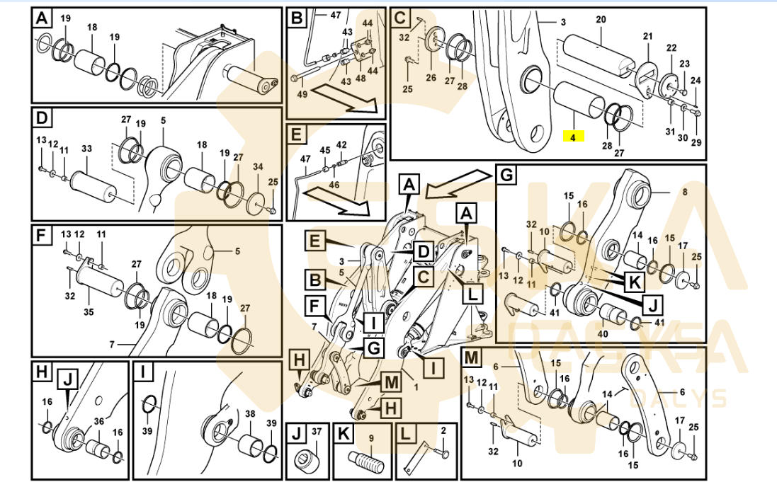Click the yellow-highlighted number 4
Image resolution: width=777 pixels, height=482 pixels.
pyautogui.click(x=572, y=137)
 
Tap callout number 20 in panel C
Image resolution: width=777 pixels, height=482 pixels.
pyautogui.click(x=601, y=20)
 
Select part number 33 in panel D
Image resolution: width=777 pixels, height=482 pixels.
pyautogui.click(x=86, y=149)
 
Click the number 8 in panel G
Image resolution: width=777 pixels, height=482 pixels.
pyautogui.click(x=684, y=191)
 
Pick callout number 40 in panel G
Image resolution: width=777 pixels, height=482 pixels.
pyautogui.click(x=603, y=333)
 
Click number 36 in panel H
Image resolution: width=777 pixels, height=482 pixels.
pyautogui.click(x=99, y=421)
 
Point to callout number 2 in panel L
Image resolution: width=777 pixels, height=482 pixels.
pyautogui.click(x=443, y=430)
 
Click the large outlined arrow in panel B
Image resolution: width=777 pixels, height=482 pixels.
pyautogui.click(x=346, y=100)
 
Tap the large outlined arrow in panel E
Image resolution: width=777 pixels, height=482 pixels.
pyautogui.click(x=344, y=203)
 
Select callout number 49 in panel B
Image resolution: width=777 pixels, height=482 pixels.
pyautogui.click(x=302, y=95)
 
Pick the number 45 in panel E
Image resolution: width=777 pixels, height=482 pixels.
pyautogui.click(x=324, y=150)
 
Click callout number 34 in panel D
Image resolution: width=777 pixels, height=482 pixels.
pyautogui.click(x=258, y=166)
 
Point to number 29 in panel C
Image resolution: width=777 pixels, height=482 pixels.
pyautogui.click(x=696, y=143)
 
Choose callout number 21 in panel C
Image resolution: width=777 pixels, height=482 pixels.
pyautogui.click(x=647, y=36)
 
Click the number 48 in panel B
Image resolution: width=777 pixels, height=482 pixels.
pyautogui.click(x=360, y=79)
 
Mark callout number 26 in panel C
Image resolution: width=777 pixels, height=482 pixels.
pyautogui.click(x=431, y=78)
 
